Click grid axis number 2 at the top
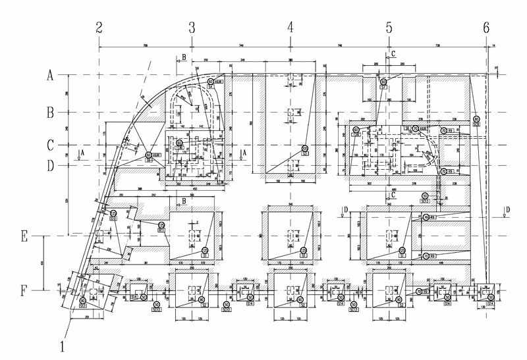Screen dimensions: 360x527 point(99,28)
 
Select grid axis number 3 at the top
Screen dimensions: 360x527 point(192,28)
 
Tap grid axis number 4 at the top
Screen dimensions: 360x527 point(291,28)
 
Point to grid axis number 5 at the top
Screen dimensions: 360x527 point(389,28)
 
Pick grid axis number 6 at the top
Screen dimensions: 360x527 point(486,28)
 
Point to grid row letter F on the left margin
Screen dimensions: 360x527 point(26,290)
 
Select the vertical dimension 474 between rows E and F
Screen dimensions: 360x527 point(43,263)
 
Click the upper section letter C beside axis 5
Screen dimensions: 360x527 point(393,53)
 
